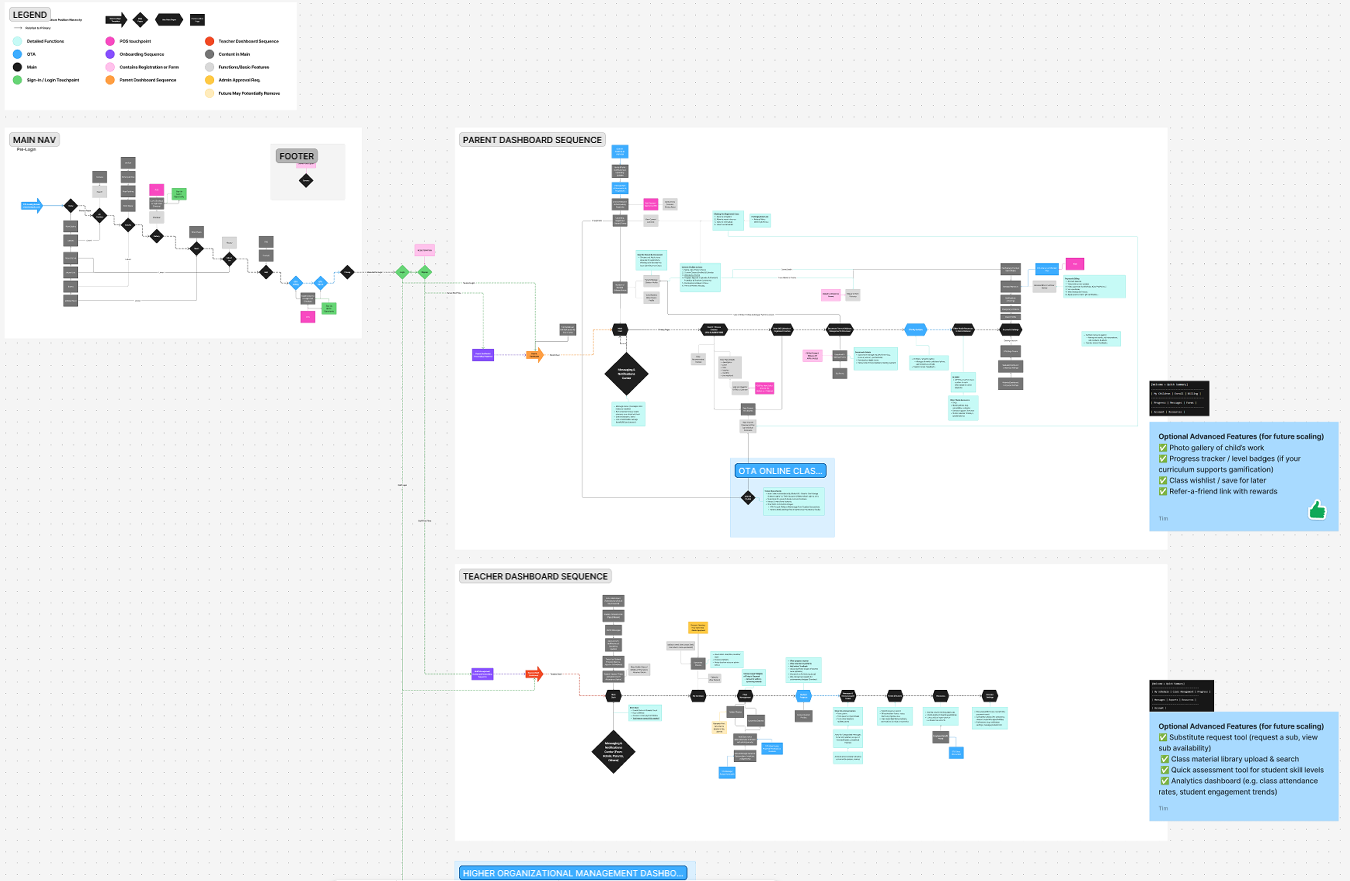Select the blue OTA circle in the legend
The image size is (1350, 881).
point(18,54)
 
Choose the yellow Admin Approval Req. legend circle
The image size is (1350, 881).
point(209,80)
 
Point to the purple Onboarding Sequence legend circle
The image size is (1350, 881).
point(110,54)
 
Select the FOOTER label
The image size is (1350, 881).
point(296,156)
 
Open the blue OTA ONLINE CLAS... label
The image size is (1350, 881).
point(780,471)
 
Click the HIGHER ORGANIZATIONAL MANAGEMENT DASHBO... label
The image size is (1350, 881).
point(572,873)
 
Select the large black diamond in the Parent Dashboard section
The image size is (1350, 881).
point(626,374)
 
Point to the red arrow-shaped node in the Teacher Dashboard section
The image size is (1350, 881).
point(534,674)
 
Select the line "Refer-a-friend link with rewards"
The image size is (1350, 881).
point(1222,491)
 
